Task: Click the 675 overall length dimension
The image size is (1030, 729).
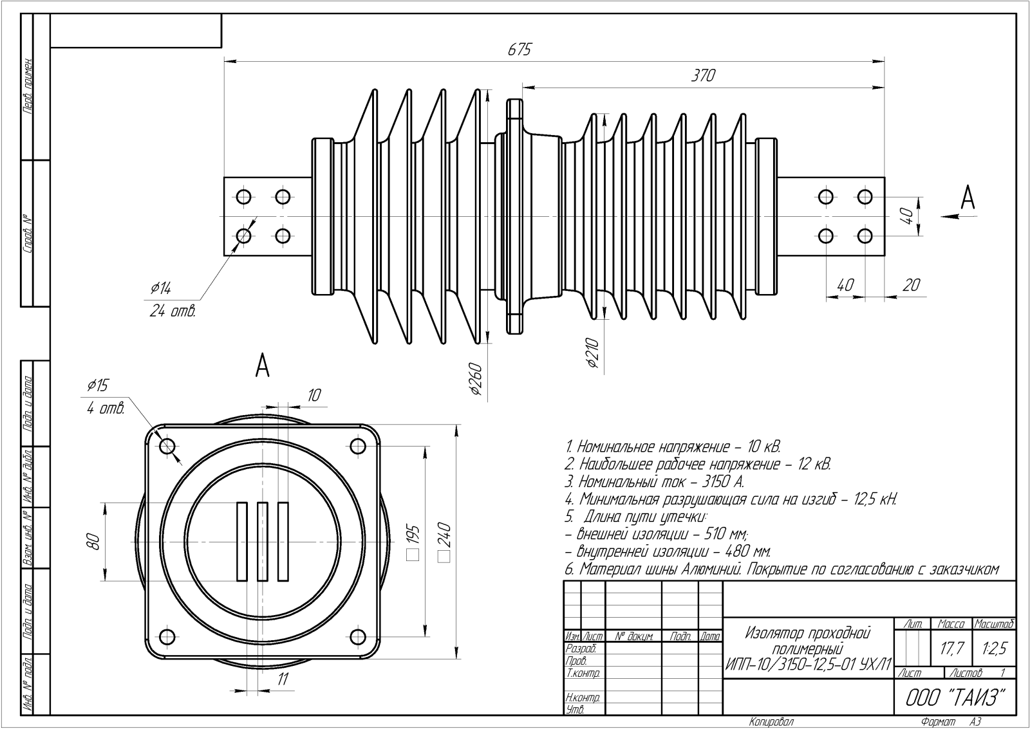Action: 520,50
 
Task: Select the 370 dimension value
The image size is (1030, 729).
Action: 703,75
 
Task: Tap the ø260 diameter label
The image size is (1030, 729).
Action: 476,379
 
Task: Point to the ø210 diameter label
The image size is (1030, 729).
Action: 593,353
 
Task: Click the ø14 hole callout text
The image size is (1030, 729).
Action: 161,288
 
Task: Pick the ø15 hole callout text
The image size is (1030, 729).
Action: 98,385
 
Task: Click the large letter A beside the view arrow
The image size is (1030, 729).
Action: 967,198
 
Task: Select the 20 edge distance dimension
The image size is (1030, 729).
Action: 911,284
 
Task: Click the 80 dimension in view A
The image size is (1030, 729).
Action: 93,542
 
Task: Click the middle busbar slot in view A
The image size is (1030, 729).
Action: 262,541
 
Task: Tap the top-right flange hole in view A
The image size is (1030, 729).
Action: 357,445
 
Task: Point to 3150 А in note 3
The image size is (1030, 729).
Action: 722,481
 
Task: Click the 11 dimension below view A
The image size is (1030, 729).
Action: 283,679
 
